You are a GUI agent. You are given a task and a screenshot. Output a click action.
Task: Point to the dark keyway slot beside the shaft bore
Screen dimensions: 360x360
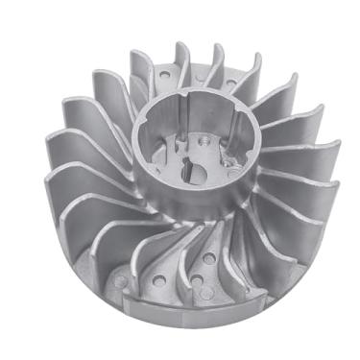(x=184, y=183)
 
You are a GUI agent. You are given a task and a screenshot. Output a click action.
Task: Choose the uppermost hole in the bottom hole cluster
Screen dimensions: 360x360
(x=207, y=258)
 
